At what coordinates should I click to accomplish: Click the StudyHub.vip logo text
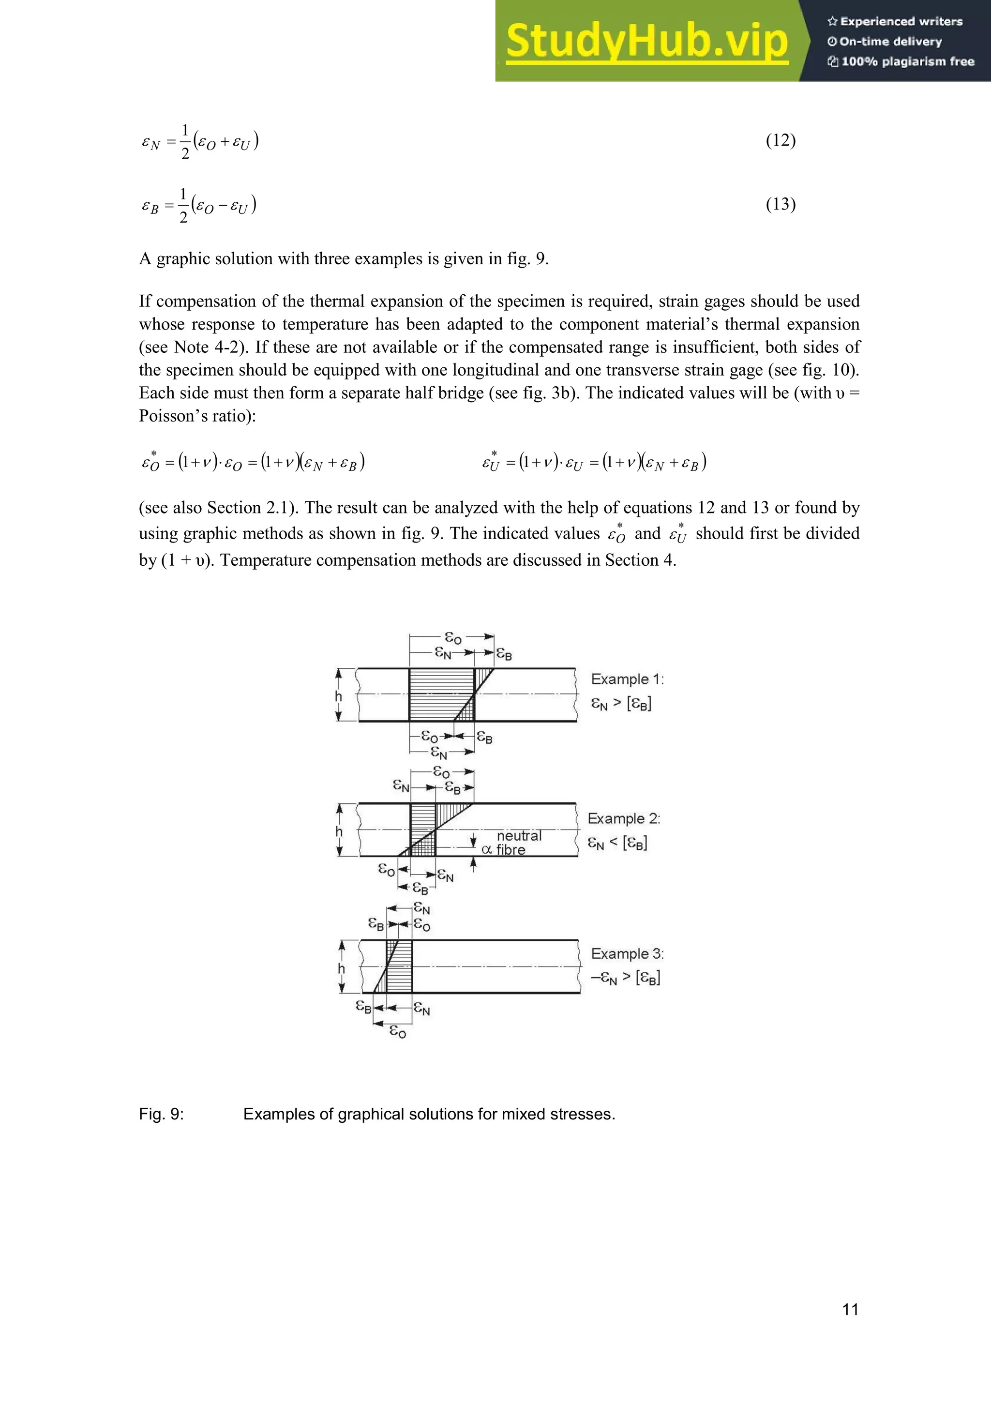pyautogui.click(x=647, y=41)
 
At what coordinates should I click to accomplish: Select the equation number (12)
pyautogui.click(x=781, y=141)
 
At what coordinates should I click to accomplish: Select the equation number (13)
pyautogui.click(x=781, y=204)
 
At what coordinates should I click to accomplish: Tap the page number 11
pyautogui.click(x=850, y=1309)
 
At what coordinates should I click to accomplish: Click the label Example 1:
pyautogui.click(x=627, y=679)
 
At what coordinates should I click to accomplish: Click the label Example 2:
pyautogui.click(x=624, y=819)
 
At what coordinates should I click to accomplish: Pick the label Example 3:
pyautogui.click(x=627, y=954)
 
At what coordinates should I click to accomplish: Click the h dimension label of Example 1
pyautogui.click(x=338, y=696)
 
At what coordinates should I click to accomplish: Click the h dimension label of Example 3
pyautogui.click(x=341, y=968)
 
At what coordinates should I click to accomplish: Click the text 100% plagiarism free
pyautogui.click(x=907, y=61)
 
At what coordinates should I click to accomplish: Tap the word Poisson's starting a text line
pyautogui.click(x=166, y=416)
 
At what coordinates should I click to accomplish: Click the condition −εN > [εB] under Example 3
pyautogui.click(x=625, y=978)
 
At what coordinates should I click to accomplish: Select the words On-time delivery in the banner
pyautogui.click(x=890, y=42)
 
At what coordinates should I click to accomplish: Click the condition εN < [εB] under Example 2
pyautogui.click(x=617, y=843)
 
